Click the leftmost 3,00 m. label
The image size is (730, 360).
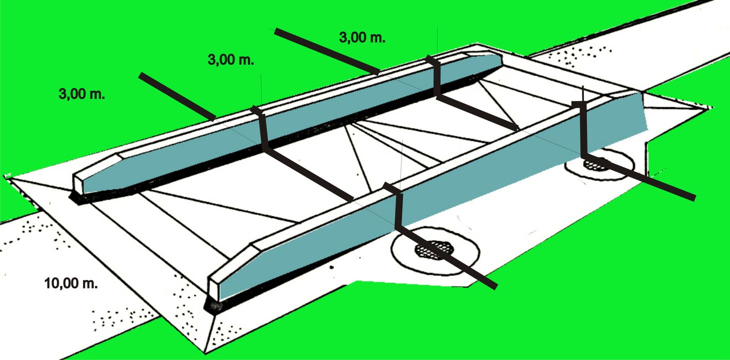tap(82, 94)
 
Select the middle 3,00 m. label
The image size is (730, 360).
tap(230, 60)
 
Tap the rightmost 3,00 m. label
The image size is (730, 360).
tap(362, 37)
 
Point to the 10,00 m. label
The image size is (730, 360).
tap(70, 283)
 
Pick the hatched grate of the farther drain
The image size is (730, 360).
tap(595, 164)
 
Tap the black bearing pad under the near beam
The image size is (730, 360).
tap(214, 306)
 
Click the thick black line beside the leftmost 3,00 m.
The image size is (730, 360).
tap(177, 96)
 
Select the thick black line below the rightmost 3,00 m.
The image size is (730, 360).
tap(327, 51)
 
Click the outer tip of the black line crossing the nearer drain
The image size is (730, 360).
tap(495, 286)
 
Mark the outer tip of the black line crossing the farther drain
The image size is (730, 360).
tap(693, 197)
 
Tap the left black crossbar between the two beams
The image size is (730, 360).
tap(308, 174)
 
